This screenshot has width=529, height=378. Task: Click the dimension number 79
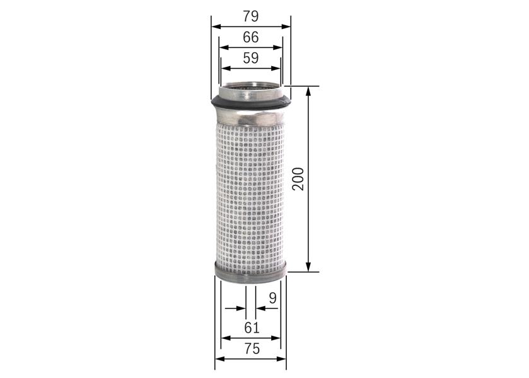pyautogui.click(x=251, y=16)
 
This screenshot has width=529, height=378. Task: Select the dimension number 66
pyautogui.click(x=251, y=37)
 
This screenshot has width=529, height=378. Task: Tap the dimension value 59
pyautogui.click(x=251, y=58)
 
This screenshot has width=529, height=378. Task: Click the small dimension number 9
pyautogui.click(x=272, y=297)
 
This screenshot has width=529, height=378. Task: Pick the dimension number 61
pyautogui.click(x=252, y=327)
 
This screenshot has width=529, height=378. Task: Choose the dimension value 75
pyautogui.click(x=252, y=348)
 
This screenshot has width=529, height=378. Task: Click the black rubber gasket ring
pyautogui.click(x=250, y=103)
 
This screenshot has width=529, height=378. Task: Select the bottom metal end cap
pyautogui.click(x=251, y=272)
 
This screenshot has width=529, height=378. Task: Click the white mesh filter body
pyautogui.click(x=251, y=189)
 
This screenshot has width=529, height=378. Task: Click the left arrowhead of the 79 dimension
pyautogui.click(x=215, y=26)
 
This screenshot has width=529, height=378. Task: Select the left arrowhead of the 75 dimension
pyautogui.click(x=219, y=359)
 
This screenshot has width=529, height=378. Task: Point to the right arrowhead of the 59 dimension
pyautogui.click(x=277, y=68)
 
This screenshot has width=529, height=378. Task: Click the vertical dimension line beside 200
pyautogui.click(x=309, y=220)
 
